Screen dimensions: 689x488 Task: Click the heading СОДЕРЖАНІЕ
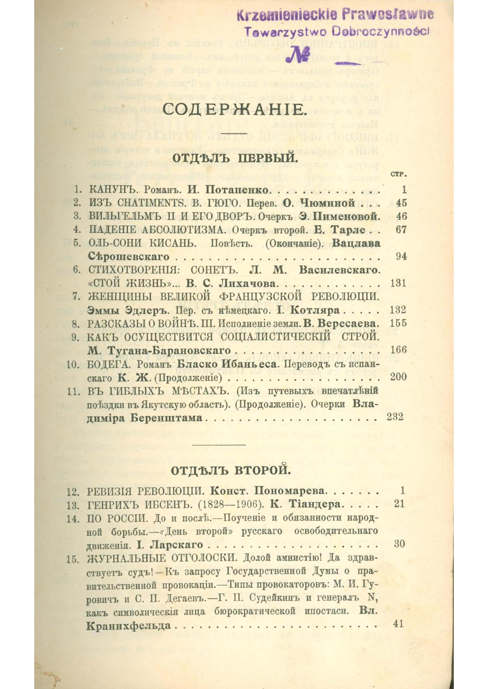(x=234, y=110)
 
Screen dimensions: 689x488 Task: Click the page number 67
(x=401, y=229)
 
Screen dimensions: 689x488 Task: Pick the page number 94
(x=401, y=257)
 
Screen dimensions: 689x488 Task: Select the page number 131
(x=399, y=283)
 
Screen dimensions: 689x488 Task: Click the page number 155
(x=399, y=323)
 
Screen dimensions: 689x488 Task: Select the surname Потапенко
(x=235, y=190)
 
